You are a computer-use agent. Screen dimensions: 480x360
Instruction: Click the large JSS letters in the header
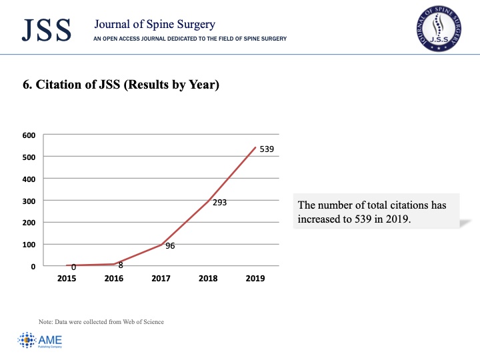click(47, 30)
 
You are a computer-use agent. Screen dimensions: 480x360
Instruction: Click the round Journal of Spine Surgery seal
click(439, 29)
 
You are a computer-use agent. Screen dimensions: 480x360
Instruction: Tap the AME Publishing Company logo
click(40, 340)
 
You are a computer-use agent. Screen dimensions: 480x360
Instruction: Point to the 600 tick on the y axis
click(29, 135)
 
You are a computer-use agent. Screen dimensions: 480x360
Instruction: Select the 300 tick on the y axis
click(29, 201)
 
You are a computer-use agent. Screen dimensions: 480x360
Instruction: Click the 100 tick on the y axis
click(29, 245)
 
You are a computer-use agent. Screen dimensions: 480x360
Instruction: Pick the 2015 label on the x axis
click(67, 278)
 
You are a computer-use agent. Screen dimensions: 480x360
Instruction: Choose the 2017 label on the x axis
click(161, 278)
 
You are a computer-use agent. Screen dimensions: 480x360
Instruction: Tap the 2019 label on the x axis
click(255, 278)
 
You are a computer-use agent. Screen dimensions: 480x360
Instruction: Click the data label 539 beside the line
click(267, 149)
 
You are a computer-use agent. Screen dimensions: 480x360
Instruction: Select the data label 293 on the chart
click(220, 203)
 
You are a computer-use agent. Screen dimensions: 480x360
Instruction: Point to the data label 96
click(170, 246)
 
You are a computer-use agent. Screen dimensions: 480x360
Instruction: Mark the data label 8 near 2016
click(121, 265)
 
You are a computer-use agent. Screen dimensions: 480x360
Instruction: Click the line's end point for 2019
click(255, 147)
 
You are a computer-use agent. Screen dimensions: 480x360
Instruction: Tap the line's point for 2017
click(161, 245)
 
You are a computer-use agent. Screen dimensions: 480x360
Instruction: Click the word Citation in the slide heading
click(60, 85)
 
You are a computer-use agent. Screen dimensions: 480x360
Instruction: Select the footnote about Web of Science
click(101, 322)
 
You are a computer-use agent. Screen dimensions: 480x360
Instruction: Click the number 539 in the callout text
click(363, 219)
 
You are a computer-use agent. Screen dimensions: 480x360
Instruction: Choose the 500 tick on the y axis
click(29, 157)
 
